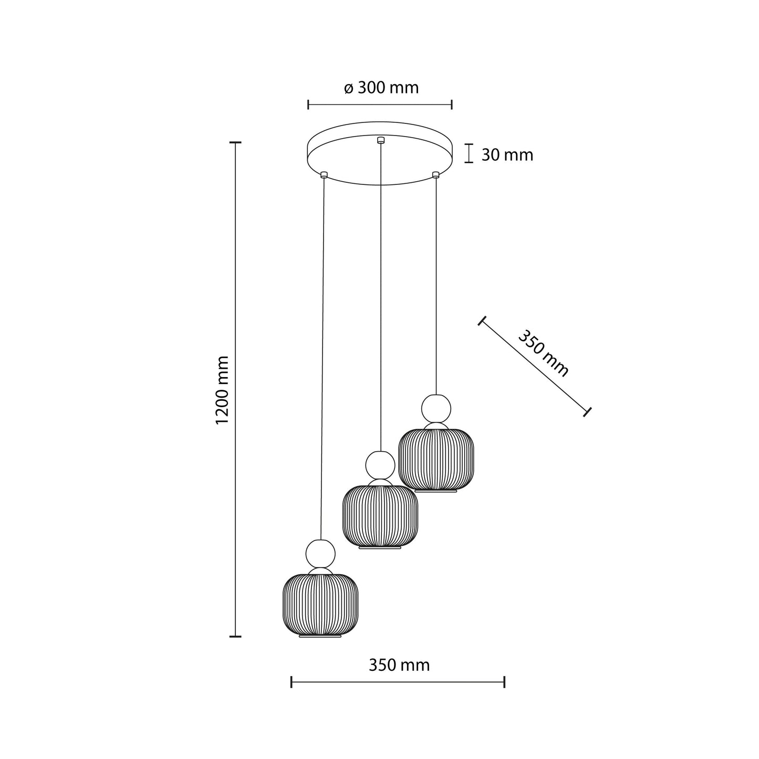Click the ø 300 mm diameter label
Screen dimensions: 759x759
(x=381, y=88)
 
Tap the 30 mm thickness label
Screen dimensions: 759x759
(x=507, y=155)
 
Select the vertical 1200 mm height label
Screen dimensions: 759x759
(x=223, y=390)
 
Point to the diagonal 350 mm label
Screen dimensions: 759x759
(x=543, y=353)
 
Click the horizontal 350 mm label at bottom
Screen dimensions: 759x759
(x=399, y=665)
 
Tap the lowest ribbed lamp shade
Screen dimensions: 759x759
(x=320, y=604)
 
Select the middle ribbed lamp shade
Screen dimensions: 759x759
(x=380, y=516)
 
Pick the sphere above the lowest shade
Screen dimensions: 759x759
(x=320, y=553)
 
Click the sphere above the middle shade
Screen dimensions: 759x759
(x=380, y=465)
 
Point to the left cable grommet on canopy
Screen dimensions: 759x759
(x=324, y=174)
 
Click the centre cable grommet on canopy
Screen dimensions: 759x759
(x=381, y=140)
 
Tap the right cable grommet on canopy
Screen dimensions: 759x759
(x=435, y=174)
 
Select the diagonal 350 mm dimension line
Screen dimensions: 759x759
(x=534, y=366)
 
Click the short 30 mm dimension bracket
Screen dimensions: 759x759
(x=469, y=153)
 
